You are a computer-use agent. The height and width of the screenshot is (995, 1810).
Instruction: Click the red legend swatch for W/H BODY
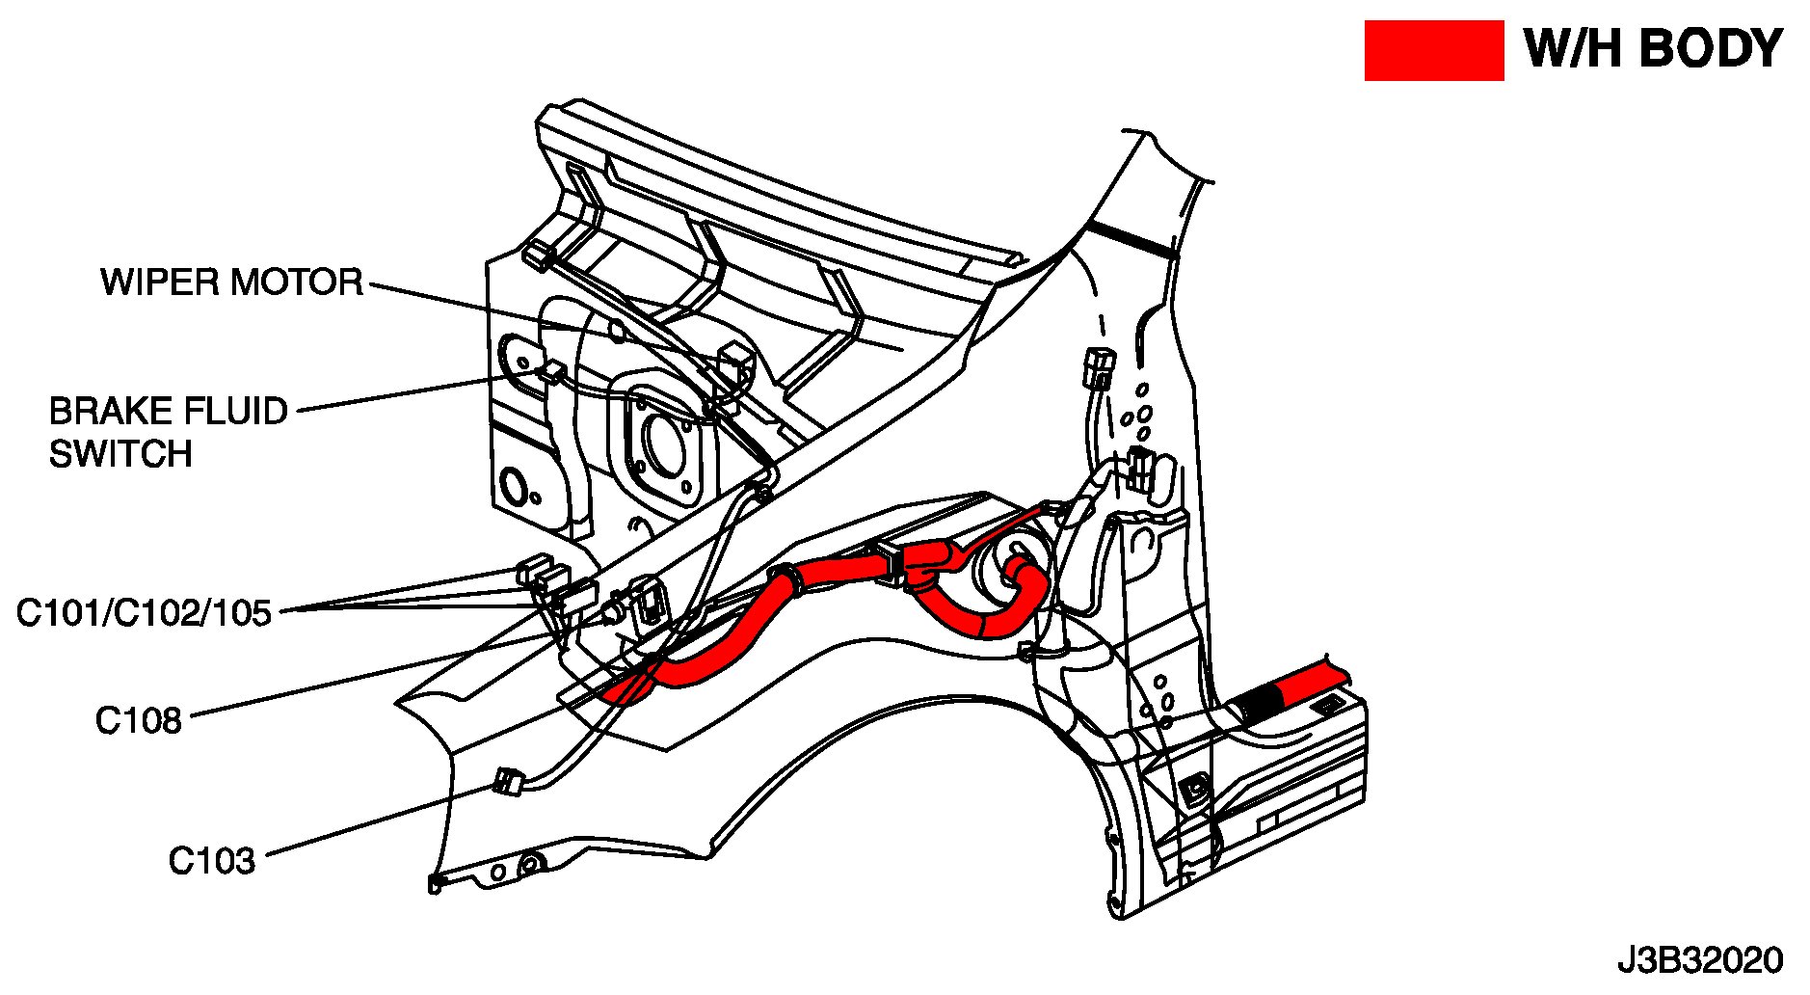tap(1433, 50)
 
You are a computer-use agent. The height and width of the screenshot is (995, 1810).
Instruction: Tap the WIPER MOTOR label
tap(232, 282)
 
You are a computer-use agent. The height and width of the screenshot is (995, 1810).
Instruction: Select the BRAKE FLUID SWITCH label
tap(168, 432)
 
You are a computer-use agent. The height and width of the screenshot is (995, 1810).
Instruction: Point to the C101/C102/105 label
tap(145, 613)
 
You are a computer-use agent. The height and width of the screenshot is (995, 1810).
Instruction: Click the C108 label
tap(138, 720)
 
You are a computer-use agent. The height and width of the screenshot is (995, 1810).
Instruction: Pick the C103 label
tap(212, 861)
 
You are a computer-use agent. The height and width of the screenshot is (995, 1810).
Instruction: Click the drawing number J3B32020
tap(1700, 961)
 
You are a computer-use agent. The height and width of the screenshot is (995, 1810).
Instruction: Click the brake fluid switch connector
tap(553, 372)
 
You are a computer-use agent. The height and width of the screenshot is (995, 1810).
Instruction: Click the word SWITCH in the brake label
tap(120, 453)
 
